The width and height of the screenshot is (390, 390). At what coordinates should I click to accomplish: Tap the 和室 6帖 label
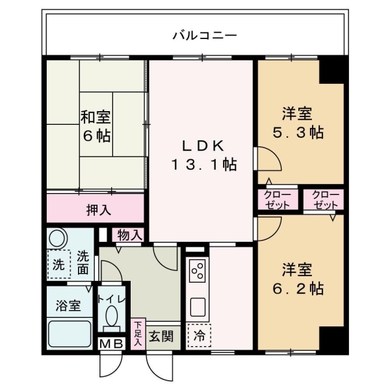point(96,127)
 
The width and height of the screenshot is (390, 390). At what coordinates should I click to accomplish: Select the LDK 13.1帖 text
point(203,155)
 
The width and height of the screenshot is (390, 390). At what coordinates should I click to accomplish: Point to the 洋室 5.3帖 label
point(298,123)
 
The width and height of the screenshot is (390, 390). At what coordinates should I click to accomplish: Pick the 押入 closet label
point(98,209)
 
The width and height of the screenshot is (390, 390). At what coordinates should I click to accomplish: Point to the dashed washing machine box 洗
point(58,265)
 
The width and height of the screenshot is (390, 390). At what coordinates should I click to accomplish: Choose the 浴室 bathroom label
point(68,305)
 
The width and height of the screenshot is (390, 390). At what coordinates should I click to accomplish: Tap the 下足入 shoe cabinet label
point(138,333)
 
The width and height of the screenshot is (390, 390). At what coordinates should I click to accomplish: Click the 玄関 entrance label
point(159,336)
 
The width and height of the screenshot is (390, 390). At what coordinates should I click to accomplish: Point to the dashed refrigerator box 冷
point(198,336)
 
